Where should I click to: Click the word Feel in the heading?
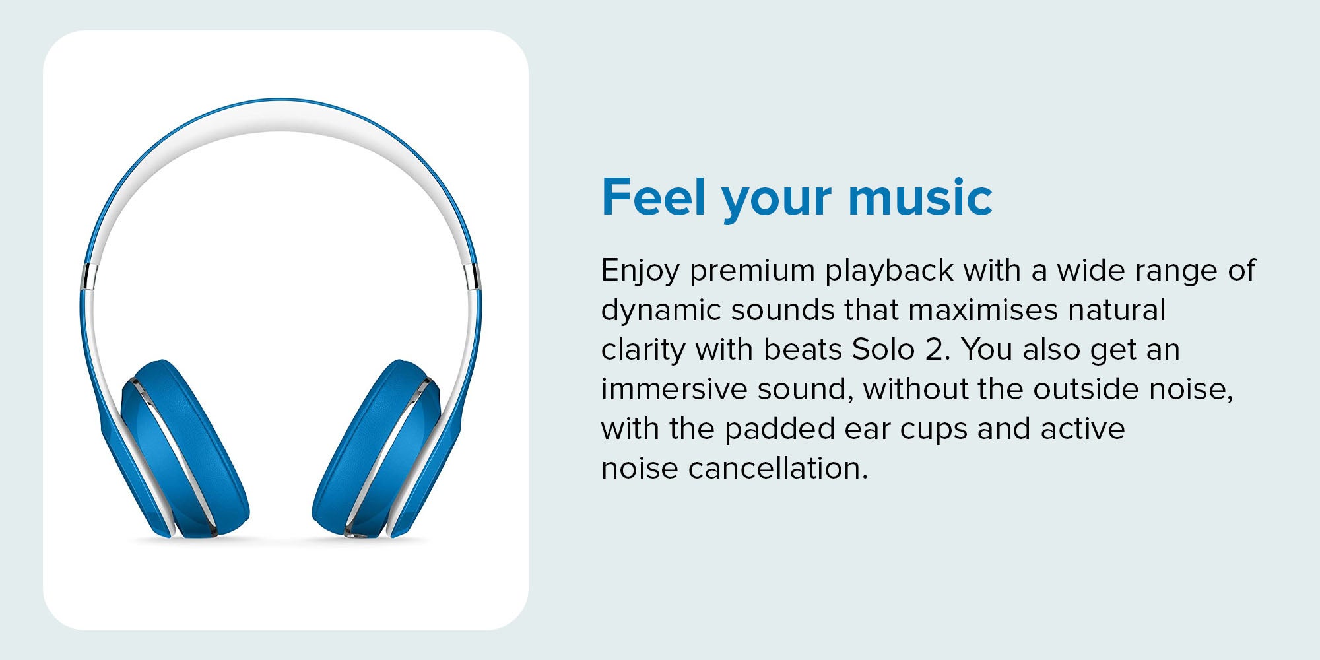coord(654,197)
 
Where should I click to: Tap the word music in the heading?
coord(921,197)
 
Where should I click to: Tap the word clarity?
coord(643,350)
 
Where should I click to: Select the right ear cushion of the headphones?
coord(376,449)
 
